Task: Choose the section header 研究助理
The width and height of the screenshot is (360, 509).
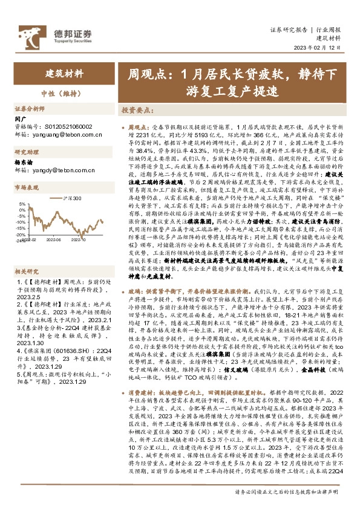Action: coord(27,152)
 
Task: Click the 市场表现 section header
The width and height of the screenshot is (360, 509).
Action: coord(27,189)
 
